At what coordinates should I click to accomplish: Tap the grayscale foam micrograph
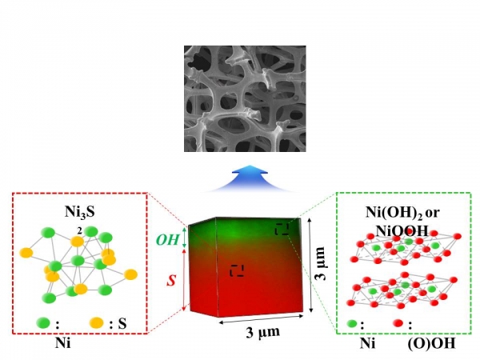pyautogui.click(x=243, y=99)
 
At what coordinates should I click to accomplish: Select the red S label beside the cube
pyautogui.click(x=170, y=281)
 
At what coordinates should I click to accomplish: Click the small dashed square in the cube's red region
pyautogui.click(x=237, y=270)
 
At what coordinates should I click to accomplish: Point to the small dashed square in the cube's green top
pyautogui.click(x=282, y=230)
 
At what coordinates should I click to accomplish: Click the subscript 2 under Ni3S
pyautogui.click(x=79, y=227)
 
